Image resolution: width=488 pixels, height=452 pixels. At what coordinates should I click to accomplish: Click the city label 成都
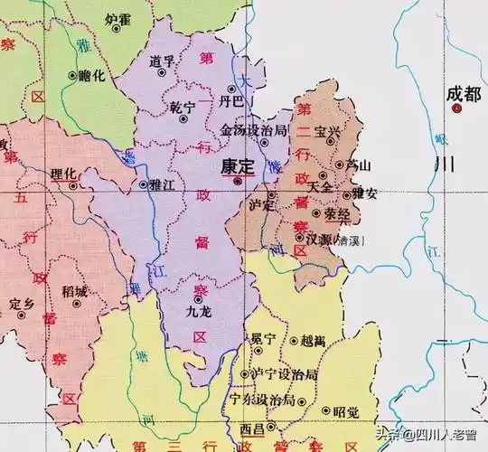tap(459, 92)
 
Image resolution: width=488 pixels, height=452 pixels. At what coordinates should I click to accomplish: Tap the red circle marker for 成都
tap(457, 108)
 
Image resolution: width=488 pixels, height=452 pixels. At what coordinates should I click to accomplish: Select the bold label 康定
tap(237, 167)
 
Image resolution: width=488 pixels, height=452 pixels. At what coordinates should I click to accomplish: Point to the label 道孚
tap(163, 61)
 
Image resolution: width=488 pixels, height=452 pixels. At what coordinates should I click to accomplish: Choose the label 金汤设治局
tap(254, 130)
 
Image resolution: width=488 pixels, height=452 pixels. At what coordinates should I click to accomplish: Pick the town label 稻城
tap(75, 291)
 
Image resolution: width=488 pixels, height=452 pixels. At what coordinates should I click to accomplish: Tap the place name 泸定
tap(260, 205)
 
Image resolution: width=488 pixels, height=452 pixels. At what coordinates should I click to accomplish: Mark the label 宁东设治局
tap(262, 399)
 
